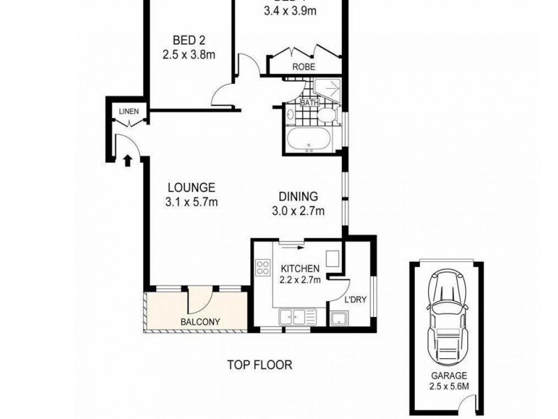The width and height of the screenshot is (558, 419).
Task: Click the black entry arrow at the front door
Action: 128,161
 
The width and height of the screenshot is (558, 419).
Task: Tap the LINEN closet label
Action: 128,111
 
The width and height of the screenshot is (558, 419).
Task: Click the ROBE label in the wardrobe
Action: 305,67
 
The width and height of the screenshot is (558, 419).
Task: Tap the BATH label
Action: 308,103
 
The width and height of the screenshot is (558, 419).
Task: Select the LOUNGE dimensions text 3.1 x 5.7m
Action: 192,203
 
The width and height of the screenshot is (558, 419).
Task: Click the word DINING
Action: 299,196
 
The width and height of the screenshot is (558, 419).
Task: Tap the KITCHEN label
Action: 300,268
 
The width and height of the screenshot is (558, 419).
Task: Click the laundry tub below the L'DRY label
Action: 340,319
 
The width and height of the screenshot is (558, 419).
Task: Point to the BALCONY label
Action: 200,322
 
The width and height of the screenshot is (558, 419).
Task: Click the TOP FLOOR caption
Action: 259,365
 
